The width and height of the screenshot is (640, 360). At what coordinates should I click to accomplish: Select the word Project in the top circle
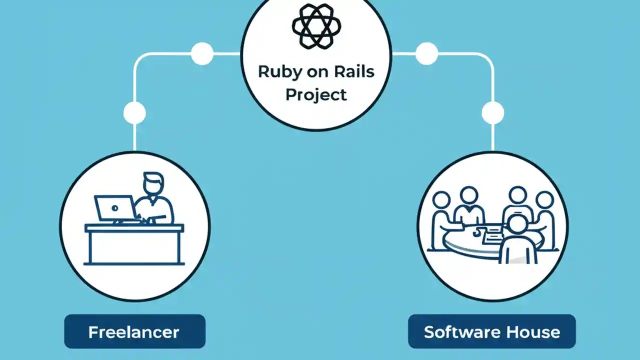point(316,94)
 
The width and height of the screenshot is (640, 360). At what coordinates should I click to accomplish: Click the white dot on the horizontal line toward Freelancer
point(202,53)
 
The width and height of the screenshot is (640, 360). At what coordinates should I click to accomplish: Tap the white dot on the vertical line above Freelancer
point(134,113)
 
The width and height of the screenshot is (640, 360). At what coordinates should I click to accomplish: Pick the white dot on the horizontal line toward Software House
point(426,53)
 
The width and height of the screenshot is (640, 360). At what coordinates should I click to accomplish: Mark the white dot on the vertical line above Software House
point(492,113)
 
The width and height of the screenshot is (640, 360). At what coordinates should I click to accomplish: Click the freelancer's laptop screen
point(114,207)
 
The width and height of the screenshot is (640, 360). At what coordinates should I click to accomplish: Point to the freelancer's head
point(152,184)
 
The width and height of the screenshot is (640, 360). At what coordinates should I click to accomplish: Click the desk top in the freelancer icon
point(134,228)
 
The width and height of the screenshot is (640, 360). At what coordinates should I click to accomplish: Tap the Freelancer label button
point(134,331)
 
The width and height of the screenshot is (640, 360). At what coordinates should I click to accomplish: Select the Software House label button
point(492,331)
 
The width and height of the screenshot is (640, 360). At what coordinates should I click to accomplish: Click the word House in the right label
point(533,332)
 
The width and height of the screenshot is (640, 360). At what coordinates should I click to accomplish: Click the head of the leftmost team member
point(442,199)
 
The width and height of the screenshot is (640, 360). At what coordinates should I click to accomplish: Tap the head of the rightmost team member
point(544,199)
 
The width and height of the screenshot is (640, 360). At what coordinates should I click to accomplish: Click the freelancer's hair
point(152,177)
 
